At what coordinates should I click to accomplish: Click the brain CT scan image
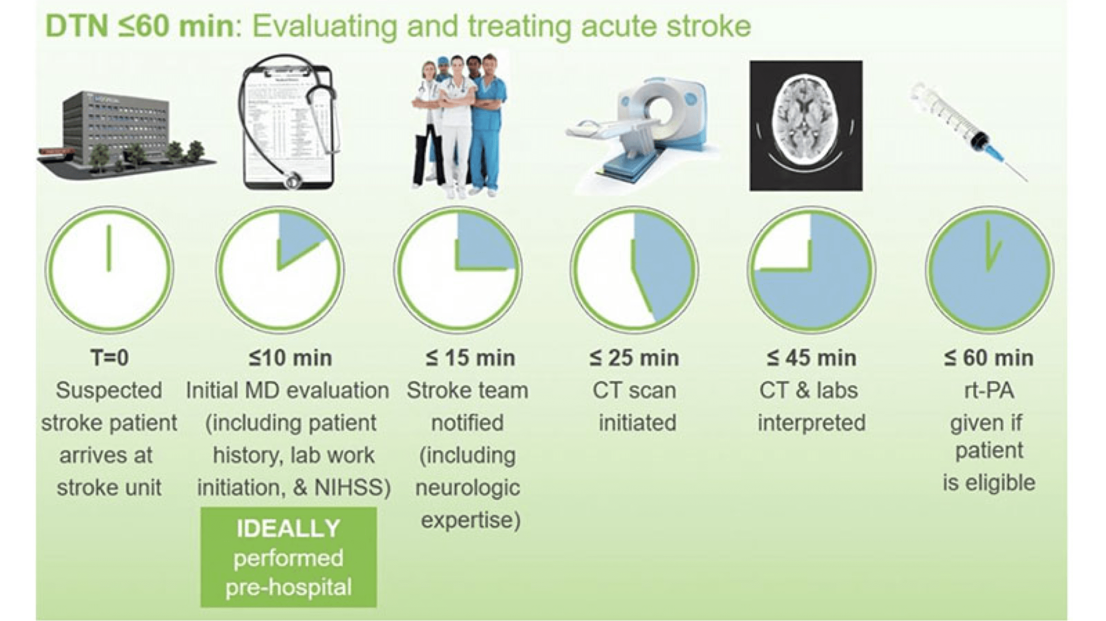point(806,125)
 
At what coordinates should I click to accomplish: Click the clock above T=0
point(109,270)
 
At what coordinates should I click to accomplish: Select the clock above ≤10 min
point(280,270)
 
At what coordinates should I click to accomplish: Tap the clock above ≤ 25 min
point(634,270)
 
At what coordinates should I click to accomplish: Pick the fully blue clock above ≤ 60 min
point(990,270)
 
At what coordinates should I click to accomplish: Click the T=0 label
point(110,358)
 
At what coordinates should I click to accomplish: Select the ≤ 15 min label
point(470,358)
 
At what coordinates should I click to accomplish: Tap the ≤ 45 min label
point(811,358)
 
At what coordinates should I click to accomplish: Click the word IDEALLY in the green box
point(288,528)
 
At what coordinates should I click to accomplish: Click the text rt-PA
point(989,391)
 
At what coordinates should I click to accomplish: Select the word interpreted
point(811,423)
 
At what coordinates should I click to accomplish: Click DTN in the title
point(77,26)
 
